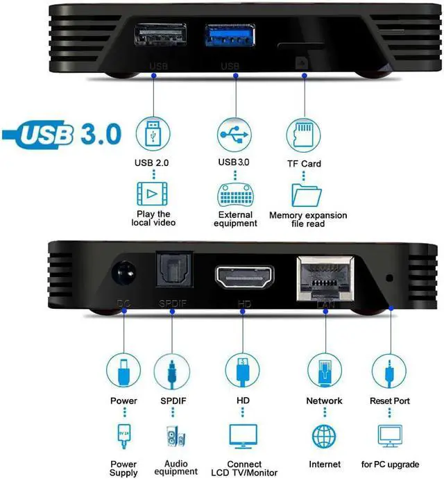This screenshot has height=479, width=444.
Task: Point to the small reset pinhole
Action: click(x=389, y=278)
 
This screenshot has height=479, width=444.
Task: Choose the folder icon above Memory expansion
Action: click(x=305, y=193)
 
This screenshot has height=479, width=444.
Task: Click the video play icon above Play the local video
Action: click(x=153, y=192)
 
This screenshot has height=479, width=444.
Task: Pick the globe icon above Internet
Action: click(x=325, y=436)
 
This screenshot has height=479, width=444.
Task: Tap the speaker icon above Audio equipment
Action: click(x=172, y=437)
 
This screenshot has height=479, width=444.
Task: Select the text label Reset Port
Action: click(x=390, y=401)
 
